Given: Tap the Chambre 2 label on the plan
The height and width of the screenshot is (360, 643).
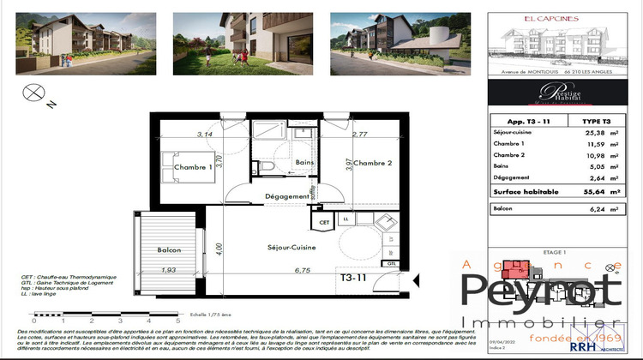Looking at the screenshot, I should pyautogui.click(x=373, y=163).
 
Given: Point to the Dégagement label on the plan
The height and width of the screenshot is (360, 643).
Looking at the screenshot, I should pyautogui.click(x=285, y=196).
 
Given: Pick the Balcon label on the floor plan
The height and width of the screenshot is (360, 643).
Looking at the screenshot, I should pyautogui.click(x=169, y=249).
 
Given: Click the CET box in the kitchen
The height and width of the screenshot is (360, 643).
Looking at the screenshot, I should pyautogui.click(x=324, y=221).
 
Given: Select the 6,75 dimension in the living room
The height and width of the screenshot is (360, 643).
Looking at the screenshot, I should pyautogui.click(x=302, y=271).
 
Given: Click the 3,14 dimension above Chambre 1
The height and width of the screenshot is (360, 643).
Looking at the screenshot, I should pyautogui.click(x=204, y=134).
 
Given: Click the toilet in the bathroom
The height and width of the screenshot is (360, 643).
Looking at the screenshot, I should pyautogui.click(x=267, y=166).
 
